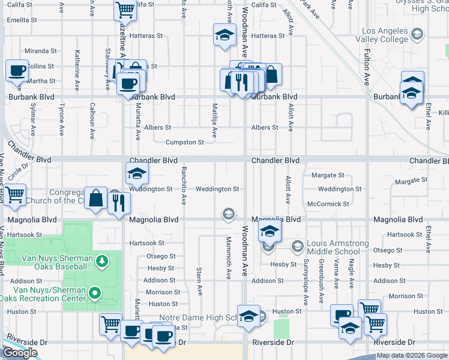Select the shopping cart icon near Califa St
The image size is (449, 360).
pyautogui.click(x=124, y=10)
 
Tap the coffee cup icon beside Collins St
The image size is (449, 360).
pyautogui.click(x=17, y=70)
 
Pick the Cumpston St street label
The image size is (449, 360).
pyautogui.click(x=184, y=142)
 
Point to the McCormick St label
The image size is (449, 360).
pyautogui.click(x=328, y=204)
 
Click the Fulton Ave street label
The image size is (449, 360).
pyautogui.click(x=366, y=67)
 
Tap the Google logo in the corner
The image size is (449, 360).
pyautogui.click(x=20, y=353)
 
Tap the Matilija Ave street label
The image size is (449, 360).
pyautogui.click(x=214, y=120)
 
